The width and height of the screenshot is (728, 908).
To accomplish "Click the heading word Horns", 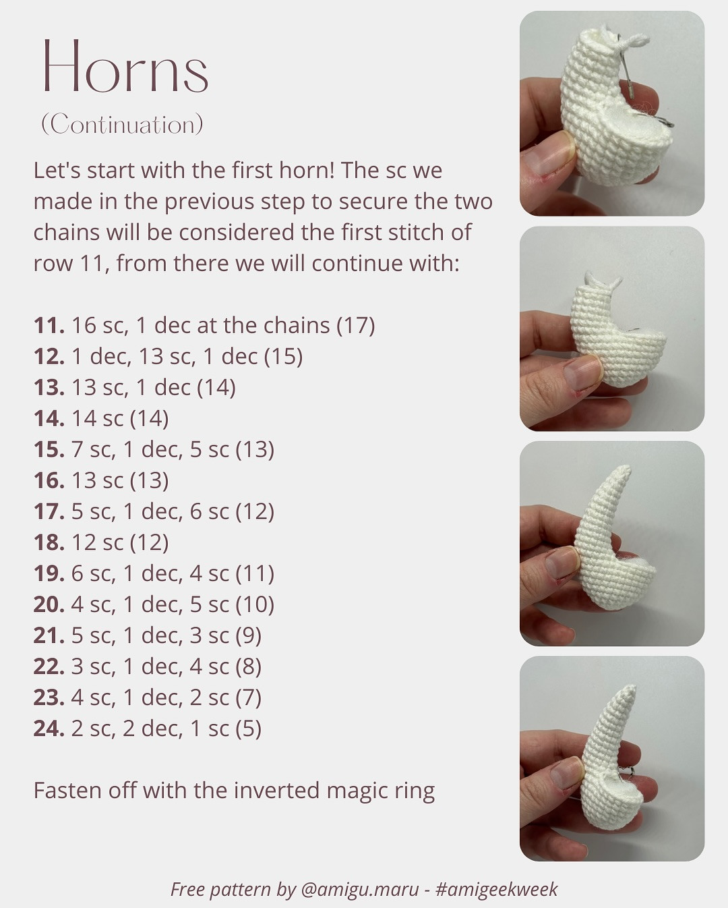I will point(125,67).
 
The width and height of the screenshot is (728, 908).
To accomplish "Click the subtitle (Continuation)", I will point(122,125).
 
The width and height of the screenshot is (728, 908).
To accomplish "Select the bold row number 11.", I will point(49,325).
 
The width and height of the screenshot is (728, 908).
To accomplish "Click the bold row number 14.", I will point(49,418).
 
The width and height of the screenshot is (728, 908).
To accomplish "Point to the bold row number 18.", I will point(49,542).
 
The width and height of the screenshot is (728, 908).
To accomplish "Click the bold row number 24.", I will point(49,729).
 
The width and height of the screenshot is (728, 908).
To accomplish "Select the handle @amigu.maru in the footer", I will point(360,889).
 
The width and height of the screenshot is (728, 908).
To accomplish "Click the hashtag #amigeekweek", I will point(497,889).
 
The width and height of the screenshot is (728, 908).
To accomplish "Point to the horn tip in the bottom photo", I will point(631,689).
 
